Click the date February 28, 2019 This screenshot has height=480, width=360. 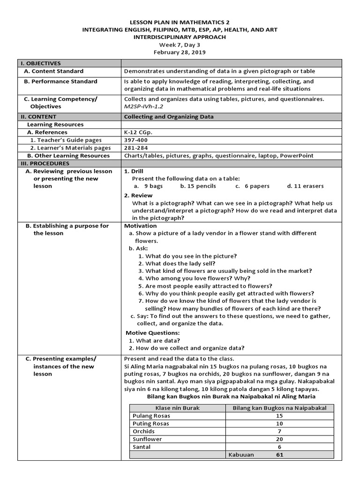(180, 52)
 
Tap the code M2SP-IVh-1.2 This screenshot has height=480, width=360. (143, 106)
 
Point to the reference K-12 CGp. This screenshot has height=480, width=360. (138, 133)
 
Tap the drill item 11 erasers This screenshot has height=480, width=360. (305, 186)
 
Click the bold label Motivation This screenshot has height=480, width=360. (141, 225)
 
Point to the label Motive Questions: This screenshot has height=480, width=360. (153, 332)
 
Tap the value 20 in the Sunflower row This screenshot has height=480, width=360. (279, 439)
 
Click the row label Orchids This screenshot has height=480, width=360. (143, 431)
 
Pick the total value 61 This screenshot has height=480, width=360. (279, 454)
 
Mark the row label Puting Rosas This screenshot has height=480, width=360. (151, 423)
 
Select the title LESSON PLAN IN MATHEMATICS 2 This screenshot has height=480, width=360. (180, 22)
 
